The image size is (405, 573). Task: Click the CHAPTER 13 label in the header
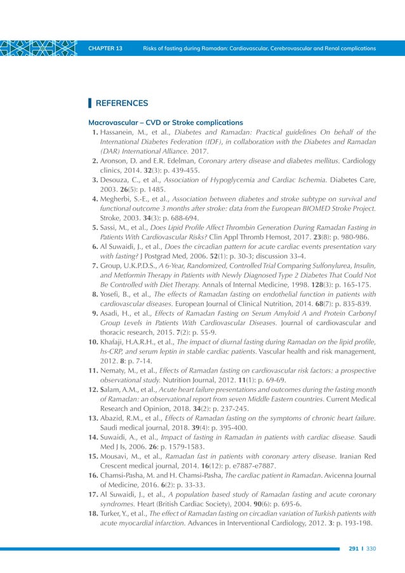coord(105,49)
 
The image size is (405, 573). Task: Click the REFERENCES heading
coord(122,103)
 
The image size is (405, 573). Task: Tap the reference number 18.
coord(92,514)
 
